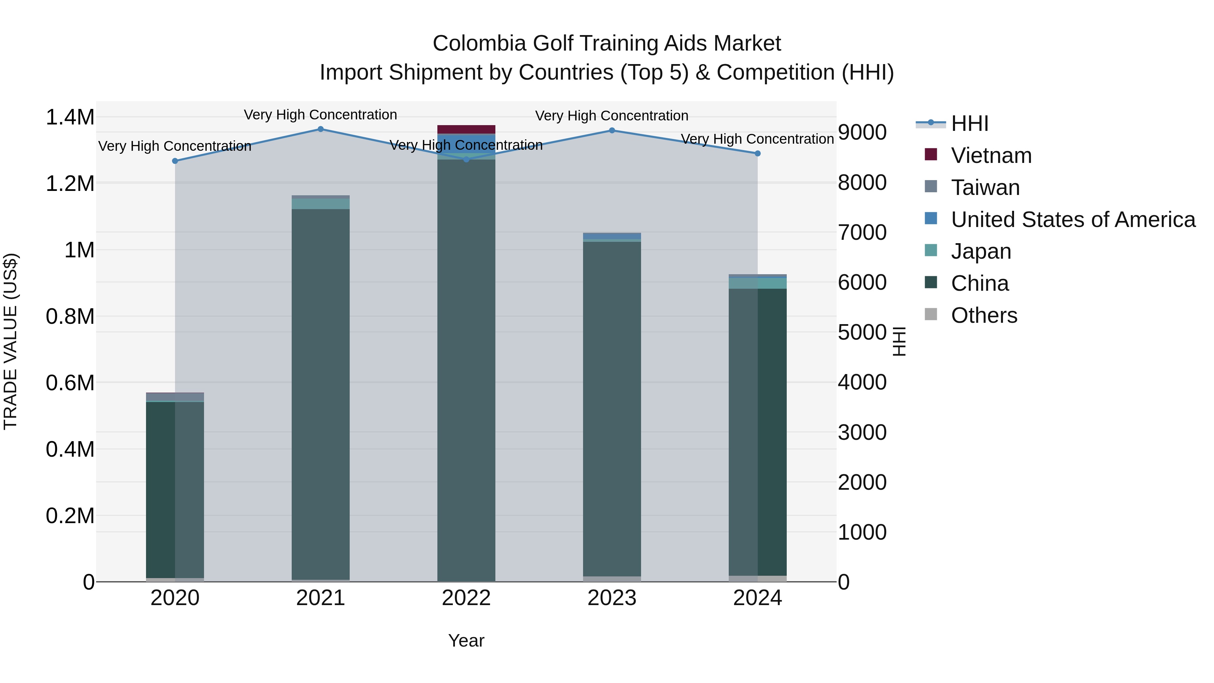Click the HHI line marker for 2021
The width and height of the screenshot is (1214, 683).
320,129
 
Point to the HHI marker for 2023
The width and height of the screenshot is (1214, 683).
612,131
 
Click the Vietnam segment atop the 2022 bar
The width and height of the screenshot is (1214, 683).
466,130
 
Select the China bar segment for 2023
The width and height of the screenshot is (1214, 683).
612,405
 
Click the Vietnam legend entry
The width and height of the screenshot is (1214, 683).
991,155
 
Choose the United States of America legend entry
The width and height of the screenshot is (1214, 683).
1073,220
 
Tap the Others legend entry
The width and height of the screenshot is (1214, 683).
984,315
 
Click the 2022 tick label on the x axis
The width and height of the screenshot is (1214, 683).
466,598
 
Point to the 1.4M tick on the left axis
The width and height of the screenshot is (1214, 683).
70,117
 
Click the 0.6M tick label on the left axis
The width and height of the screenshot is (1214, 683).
70,383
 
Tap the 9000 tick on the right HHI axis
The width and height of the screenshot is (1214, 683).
862,133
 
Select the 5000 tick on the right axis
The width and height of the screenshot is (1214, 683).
862,332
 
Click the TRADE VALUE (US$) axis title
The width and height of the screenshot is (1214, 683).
10,341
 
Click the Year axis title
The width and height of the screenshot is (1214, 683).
466,641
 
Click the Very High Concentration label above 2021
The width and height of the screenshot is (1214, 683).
320,115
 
